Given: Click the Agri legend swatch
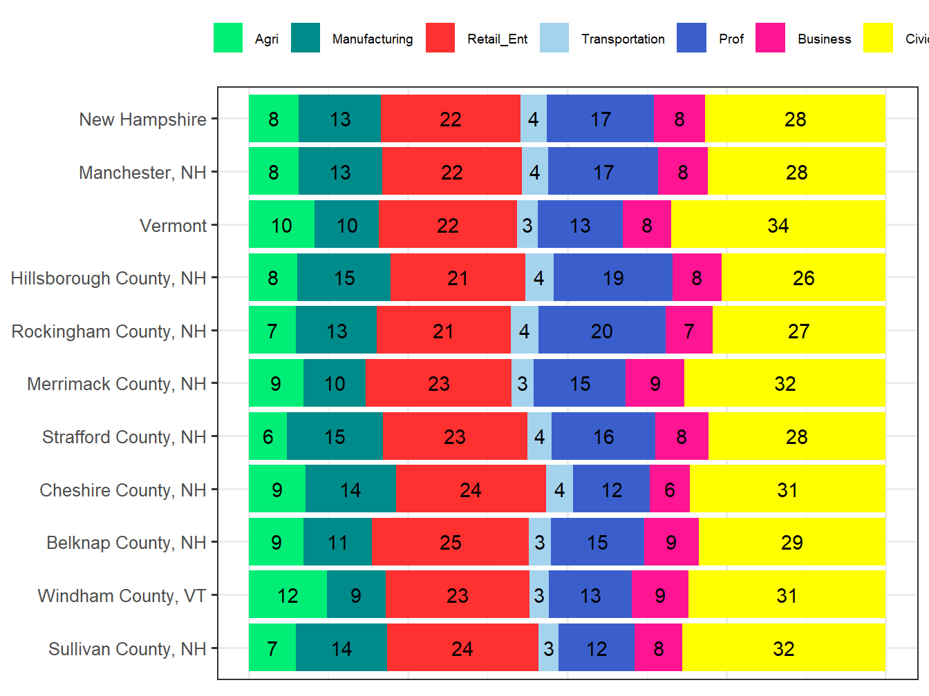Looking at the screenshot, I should pyautogui.click(x=228, y=38).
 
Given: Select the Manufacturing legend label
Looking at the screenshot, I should pyautogui.click(x=372, y=39).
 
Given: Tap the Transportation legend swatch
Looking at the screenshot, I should pyautogui.click(x=554, y=38).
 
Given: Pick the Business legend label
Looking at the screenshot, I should pyautogui.click(x=824, y=39).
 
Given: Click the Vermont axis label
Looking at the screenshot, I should pyautogui.click(x=173, y=226).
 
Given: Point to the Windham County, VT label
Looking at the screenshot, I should pyautogui.click(x=122, y=596).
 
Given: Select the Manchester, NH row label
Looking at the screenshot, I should pyautogui.click(x=142, y=173).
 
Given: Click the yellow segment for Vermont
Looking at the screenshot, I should pyautogui.click(x=778, y=225).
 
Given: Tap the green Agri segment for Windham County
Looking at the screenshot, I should pyautogui.click(x=288, y=595).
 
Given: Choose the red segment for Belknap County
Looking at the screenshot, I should pyautogui.click(x=450, y=542).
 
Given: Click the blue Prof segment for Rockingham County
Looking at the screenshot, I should pyautogui.click(x=601, y=331).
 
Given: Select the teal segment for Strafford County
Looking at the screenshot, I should pyautogui.click(x=335, y=436).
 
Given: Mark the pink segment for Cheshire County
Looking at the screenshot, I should pyautogui.click(x=669, y=490).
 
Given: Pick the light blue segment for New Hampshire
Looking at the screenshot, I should pyautogui.click(x=533, y=119).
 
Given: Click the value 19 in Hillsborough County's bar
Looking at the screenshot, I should pyautogui.click(x=612, y=278).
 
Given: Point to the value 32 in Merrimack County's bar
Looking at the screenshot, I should pyautogui.click(x=785, y=384).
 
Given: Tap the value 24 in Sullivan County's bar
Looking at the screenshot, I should pyautogui.click(x=462, y=648).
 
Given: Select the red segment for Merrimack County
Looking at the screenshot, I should pyautogui.click(x=438, y=384).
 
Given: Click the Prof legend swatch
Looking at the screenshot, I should pyautogui.click(x=692, y=38).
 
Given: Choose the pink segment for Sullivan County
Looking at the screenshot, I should pyautogui.click(x=658, y=648).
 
